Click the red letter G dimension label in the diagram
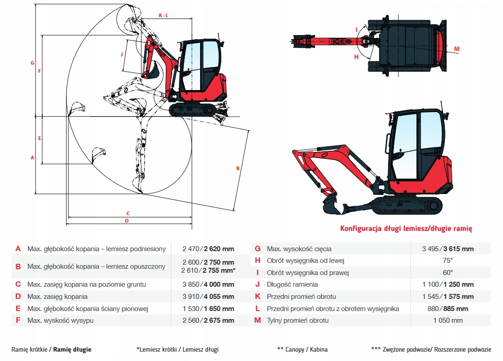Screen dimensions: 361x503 (32, 63)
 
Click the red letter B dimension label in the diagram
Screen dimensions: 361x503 (238, 168)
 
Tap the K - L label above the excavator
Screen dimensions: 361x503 (163, 15)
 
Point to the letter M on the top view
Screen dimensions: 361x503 (457, 49)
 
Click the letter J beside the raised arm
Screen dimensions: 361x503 (122, 54)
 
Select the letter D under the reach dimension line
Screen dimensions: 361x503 (127, 221)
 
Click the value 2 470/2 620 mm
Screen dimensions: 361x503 (208, 249)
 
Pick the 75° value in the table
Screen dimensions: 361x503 (448, 261)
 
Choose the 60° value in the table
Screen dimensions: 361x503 (448, 273)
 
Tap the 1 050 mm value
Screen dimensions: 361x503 (448, 320)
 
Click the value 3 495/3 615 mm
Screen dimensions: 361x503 (448, 249)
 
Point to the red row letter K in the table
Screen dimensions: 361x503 (258, 297)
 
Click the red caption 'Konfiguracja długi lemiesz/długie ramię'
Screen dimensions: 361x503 (406, 229)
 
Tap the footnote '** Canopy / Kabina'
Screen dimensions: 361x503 (302, 349)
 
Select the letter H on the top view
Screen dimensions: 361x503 (356, 57)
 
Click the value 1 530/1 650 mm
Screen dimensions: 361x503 (208, 309)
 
